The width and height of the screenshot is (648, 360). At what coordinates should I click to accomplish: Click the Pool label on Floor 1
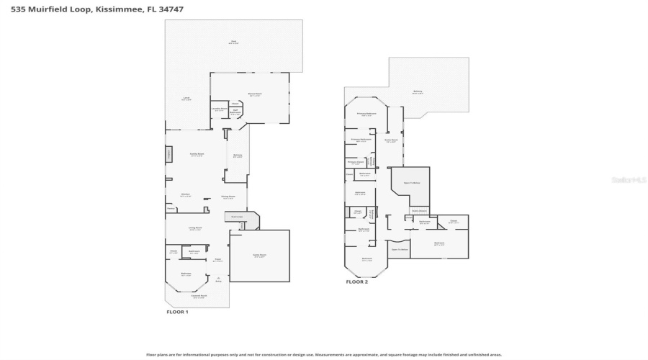[233, 42]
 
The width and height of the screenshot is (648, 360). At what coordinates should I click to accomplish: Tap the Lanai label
[186, 99]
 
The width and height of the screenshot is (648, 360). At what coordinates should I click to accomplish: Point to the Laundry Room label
[219, 109]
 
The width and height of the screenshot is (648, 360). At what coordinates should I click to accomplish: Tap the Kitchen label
[185, 194]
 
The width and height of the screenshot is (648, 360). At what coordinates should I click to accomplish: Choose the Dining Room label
[228, 197]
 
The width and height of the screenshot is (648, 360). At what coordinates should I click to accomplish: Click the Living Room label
[195, 228]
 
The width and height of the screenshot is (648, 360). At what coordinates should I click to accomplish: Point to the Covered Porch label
[199, 296]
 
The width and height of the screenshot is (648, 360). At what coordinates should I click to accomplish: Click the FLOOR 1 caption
[177, 312]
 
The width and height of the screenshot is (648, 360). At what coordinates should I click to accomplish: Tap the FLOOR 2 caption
[356, 282]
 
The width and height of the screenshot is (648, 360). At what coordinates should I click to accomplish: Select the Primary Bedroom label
[366, 114]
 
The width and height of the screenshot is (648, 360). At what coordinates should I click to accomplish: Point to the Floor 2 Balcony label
[418, 92]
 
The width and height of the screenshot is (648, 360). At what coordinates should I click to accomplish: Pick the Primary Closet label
[356, 162]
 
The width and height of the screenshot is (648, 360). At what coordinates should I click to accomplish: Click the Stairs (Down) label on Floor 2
[418, 210]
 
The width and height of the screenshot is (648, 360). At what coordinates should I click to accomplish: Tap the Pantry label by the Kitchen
[171, 209]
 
